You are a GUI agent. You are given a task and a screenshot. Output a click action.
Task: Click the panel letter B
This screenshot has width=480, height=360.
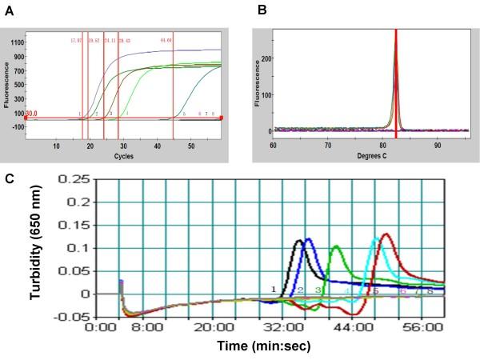261,10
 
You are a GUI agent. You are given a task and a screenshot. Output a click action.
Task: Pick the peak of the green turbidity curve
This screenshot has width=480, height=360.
335,246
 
